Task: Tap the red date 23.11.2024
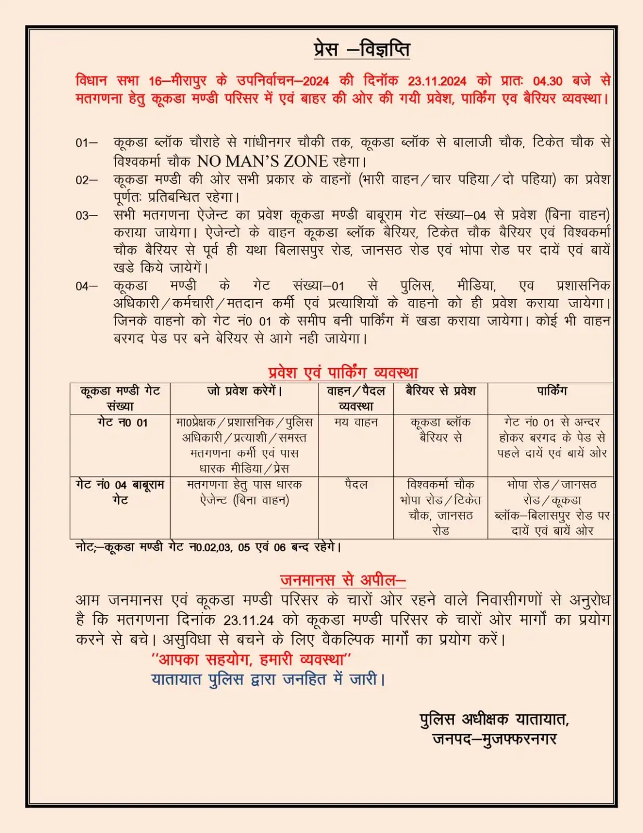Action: tap(437, 81)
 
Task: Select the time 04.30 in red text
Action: tap(548, 81)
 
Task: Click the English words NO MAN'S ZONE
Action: tap(262, 161)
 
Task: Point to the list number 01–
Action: tap(86, 143)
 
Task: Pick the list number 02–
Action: tap(86, 180)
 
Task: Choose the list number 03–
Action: tap(86, 216)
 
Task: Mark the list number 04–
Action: tap(86, 286)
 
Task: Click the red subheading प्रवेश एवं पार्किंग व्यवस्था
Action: tap(343, 373)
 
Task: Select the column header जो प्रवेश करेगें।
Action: tap(245, 391)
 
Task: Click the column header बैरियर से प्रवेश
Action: tap(441, 391)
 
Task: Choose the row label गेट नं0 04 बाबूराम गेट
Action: tap(120, 492)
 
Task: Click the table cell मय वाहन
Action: tap(356, 422)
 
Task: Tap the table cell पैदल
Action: tap(356, 485)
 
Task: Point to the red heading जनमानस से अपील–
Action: tap(343, 580)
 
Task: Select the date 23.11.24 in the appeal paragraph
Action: tap(249, 621)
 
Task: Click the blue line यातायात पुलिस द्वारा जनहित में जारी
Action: tap(268, 679)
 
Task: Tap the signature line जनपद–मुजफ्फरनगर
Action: tap(494, 739)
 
